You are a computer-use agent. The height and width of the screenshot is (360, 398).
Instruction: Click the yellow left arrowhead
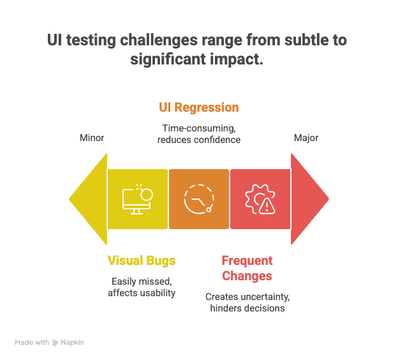[87, 199]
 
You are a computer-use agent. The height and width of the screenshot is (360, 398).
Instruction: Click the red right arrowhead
[309, 199]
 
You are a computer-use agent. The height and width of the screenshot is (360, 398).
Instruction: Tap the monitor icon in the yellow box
[137, 199]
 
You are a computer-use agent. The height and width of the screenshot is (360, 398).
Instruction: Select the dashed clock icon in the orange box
[198, 199]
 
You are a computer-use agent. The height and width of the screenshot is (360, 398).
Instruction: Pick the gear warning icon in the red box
[260, 199]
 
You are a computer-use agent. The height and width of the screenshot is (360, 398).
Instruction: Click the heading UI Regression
[198, 107]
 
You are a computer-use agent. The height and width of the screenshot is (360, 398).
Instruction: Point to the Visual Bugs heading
[141, 260]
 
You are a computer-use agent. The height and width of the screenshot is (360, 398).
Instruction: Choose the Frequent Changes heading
[247, 268]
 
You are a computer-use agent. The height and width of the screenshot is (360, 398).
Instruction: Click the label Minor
[92, 137]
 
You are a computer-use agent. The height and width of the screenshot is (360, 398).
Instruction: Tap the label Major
[306, 137]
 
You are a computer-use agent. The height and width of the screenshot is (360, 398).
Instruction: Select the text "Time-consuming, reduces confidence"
[198, 133]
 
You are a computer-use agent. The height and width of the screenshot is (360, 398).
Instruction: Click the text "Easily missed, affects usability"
[141, 287]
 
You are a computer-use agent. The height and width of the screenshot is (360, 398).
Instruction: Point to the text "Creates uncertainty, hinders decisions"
[247, 303]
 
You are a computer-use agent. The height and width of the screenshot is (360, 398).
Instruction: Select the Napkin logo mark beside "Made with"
[55, 343]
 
